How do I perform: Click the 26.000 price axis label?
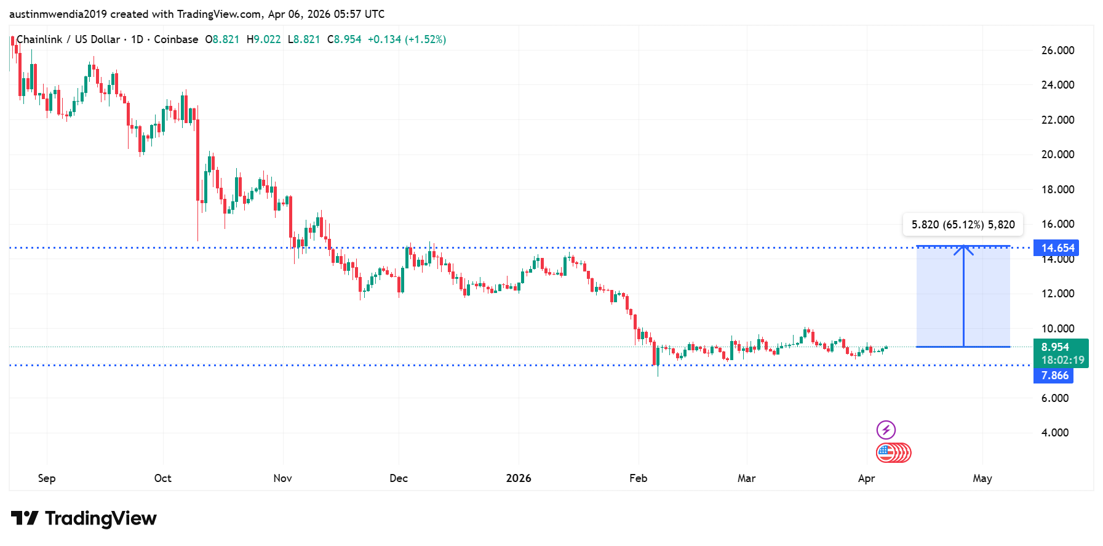tap(1057, 50)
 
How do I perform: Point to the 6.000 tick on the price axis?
tap(1054, 398)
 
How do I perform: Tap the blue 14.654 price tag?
tap(1056, 248)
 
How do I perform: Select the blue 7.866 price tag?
tap(1054, 375)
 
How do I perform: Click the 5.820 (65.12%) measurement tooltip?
tap(963, 225)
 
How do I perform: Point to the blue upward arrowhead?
tap(963, 249)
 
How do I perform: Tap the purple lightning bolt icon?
tap(886, 430)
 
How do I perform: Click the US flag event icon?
tap(885, 453)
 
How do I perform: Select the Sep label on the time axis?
tap(47, 478)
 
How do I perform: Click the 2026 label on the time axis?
tap(519, 478)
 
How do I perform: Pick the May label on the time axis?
tap(982, 478)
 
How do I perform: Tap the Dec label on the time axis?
tap(399, 478)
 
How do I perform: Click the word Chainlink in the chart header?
tap(39, 39)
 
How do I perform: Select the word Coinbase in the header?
tap(176, 39)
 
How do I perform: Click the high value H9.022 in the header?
tap(263, 39)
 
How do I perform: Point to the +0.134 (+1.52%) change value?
tap(407, 39)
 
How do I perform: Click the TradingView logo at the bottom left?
tap(84, 518)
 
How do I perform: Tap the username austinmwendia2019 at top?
tap(58, 14)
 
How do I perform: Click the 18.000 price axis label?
tap(1057, 190)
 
